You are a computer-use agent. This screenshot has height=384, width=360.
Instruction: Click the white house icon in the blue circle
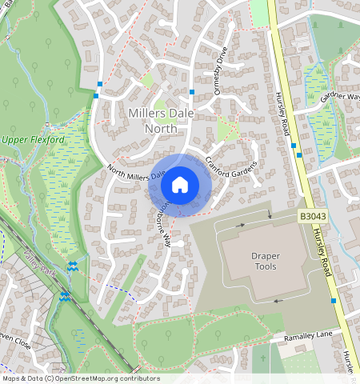coord(180,185)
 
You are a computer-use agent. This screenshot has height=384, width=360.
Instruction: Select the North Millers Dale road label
coord(136,171)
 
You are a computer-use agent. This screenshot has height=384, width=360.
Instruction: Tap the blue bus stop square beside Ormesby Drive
coord(192,92)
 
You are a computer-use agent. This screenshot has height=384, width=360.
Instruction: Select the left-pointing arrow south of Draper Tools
coord(278,301)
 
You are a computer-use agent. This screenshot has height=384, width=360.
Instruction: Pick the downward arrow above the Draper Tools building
coord(270,214)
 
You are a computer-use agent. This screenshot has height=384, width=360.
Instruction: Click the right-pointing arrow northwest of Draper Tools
coord(240,226)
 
